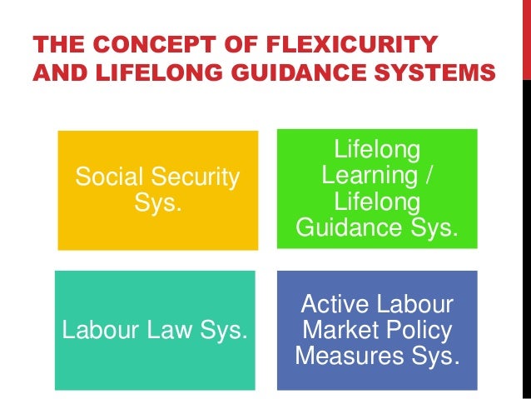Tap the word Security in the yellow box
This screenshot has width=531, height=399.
pos(196,177)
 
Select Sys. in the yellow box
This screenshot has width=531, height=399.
pos(156,202)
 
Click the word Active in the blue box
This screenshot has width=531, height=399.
pos(337,304)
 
